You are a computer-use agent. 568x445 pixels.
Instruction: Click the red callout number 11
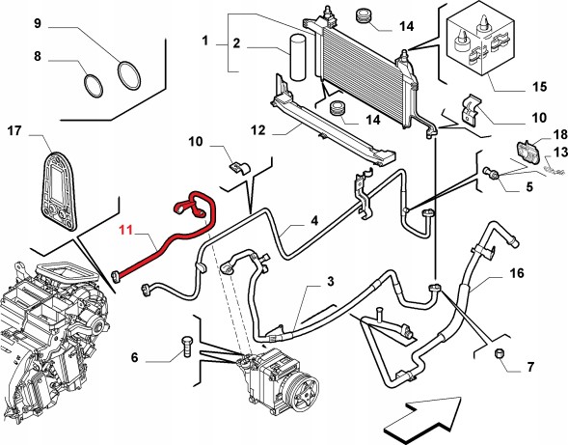[126, 231]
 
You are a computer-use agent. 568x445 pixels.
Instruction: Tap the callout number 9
[38, 23]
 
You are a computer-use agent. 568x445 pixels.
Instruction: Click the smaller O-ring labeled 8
[94, 86]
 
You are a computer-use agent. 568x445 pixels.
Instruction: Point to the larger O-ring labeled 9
[129, 75]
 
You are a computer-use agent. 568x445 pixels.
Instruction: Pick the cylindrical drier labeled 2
[297, 57]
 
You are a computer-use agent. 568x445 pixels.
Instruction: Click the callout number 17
[14, 131]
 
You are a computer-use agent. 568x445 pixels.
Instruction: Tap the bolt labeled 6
[187, 347]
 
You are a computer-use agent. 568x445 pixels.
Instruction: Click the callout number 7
[530, 367]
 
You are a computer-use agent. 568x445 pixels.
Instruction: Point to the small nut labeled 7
[500, 353]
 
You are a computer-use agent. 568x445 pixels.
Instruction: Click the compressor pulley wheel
[304, 393]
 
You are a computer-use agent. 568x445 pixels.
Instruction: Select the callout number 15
[539, 87]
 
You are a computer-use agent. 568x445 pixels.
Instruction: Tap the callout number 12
[257, 130]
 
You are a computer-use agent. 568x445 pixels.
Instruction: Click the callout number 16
[517, 273]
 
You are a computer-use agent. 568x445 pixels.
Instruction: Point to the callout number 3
[331, 282]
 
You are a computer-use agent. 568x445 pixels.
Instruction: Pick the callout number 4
[314, 220]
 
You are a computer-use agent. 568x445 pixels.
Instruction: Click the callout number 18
[560, 134]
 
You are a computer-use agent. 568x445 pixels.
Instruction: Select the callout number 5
[529, 187]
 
